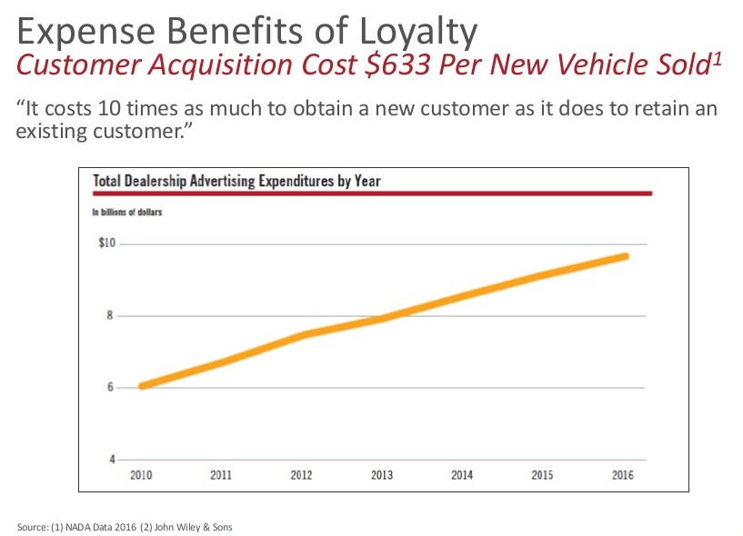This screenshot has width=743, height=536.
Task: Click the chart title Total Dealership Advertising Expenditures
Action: pos(236,180)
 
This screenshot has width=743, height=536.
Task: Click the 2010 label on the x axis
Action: pos(141,475)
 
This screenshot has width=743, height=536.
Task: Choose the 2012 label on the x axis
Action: pos(303,475)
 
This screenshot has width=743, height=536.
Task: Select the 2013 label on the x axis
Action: pos(383,475)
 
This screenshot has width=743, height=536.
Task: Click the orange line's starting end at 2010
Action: pos(142,386)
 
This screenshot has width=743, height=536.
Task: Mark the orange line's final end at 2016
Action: pos(625,256)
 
